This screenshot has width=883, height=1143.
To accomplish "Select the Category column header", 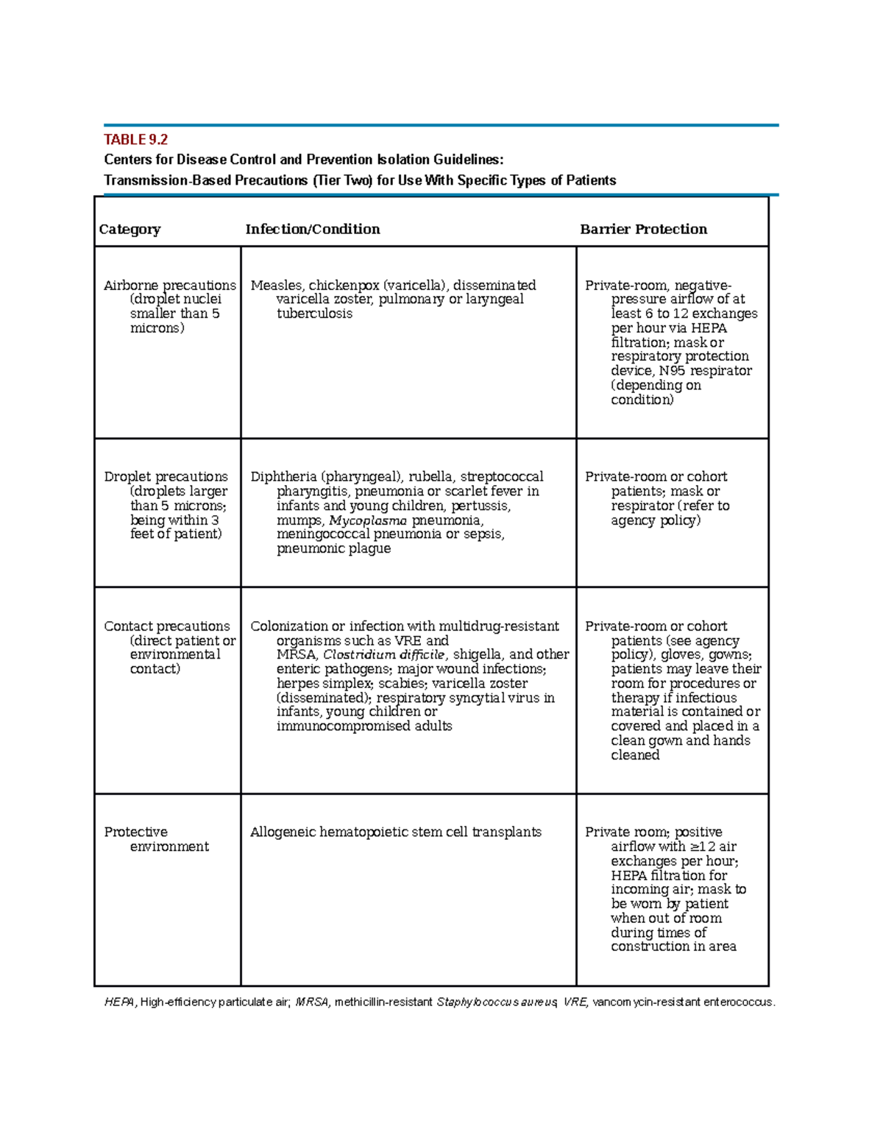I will [x=130, y=229].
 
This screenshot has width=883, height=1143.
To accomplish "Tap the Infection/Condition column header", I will [x=312, y=229].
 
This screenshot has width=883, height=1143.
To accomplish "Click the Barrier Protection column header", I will [x=643, y=229].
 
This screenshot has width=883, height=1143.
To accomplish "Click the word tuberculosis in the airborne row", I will [x=314, y=314].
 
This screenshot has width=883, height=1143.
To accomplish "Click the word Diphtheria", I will [x=283, y=477].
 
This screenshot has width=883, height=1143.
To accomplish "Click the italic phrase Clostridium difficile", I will [x=384, y=655].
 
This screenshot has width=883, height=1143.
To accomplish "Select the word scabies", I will [x=401, y=684].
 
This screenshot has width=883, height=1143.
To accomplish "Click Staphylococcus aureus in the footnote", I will [x=497, y=1002].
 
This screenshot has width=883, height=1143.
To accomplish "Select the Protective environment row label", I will [x=155, y=839].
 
